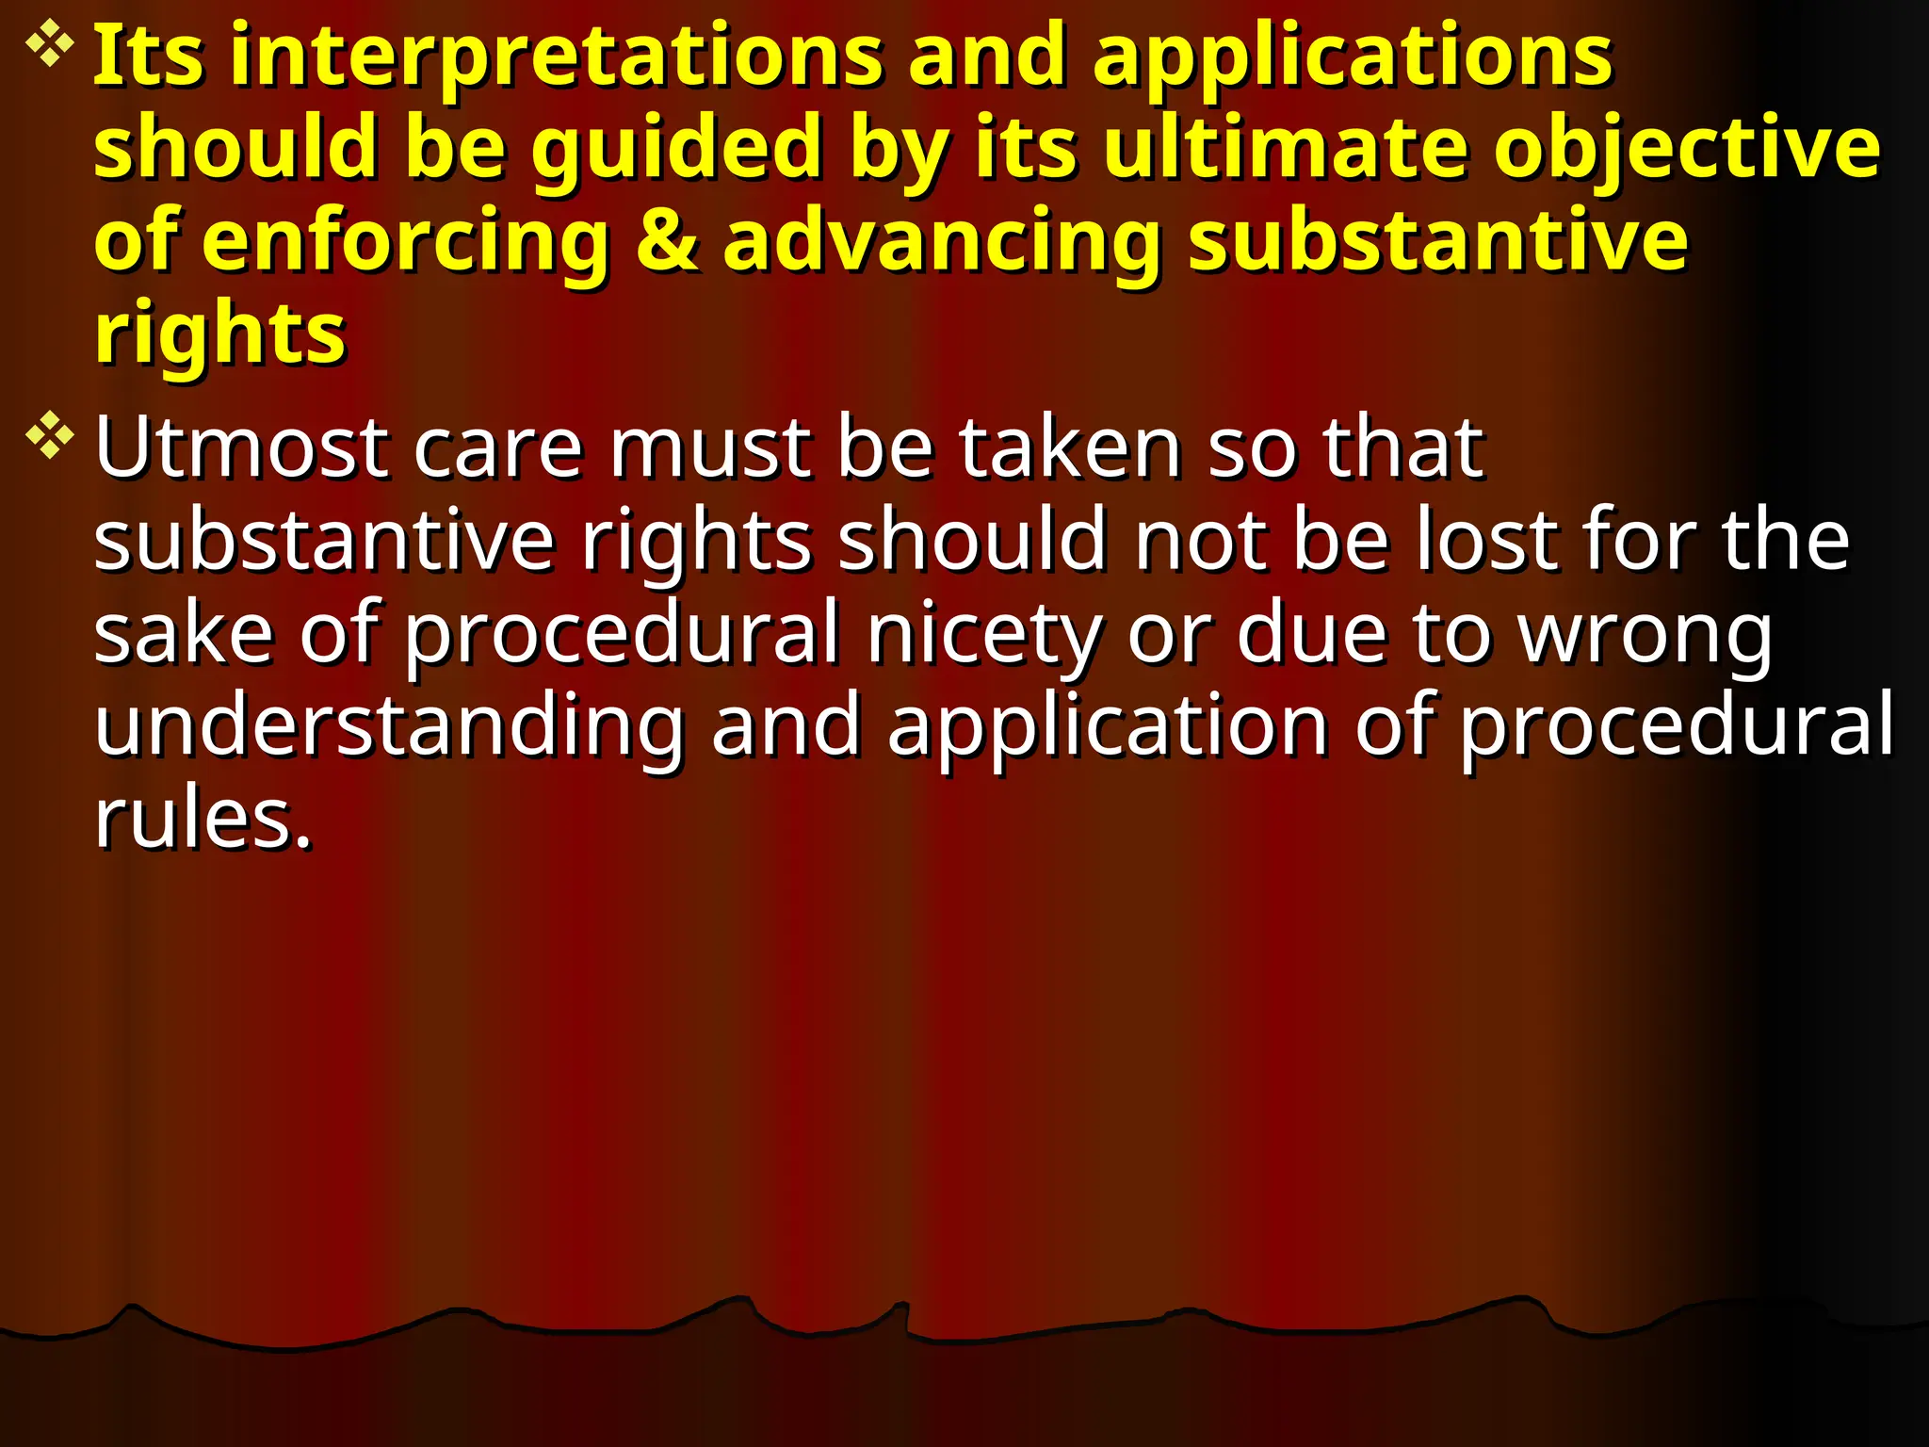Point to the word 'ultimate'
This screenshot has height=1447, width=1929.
point(1285,149)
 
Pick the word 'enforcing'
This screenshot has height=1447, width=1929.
point(406,243)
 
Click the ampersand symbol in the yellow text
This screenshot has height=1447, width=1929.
point(667,241)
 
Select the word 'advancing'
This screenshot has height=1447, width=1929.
point(941,243)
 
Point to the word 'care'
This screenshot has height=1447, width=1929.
point(498,448)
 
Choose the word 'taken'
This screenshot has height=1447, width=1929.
point(1070,447)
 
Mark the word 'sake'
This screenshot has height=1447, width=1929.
point(184,633)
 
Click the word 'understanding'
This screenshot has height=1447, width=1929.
point(389,725)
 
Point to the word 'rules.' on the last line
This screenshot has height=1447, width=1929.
point(203,818)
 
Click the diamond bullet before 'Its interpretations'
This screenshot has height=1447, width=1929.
point(50,47)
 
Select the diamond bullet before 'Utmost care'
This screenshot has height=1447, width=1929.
point(50,436)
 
